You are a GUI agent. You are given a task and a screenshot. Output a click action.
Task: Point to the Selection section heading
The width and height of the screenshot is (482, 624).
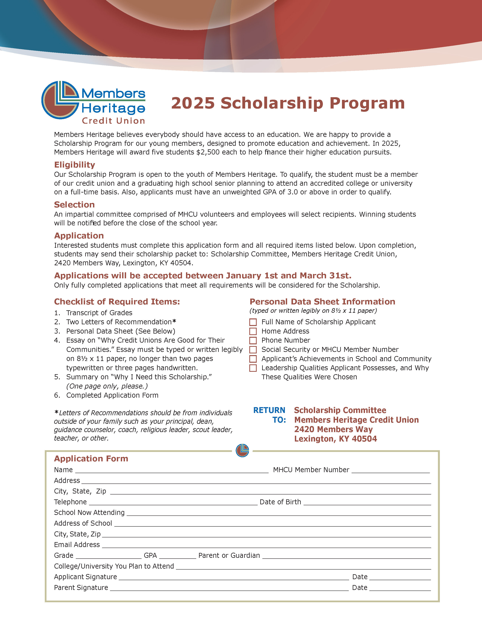[74, 205]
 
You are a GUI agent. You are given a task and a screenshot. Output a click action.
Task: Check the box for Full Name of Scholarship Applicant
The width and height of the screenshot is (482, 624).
[253, 322]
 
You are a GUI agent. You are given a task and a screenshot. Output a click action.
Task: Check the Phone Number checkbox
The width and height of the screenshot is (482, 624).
[253, 341]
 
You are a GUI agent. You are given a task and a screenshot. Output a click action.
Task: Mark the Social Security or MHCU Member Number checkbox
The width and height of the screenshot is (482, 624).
[253, 350]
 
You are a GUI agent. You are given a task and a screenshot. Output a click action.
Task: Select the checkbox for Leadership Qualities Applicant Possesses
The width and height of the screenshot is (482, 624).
[253, 368]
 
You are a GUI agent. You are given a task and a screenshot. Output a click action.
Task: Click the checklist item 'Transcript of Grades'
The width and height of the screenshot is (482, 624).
[99, 313]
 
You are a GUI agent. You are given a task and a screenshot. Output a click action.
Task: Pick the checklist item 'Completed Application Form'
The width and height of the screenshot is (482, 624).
[112, 395]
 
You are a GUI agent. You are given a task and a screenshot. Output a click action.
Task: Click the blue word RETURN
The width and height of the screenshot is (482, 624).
[269, 410]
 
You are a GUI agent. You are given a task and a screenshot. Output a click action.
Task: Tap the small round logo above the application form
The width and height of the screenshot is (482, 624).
[242, 451]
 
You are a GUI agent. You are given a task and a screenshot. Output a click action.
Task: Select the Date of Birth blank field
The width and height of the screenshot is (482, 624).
[367, 503]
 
